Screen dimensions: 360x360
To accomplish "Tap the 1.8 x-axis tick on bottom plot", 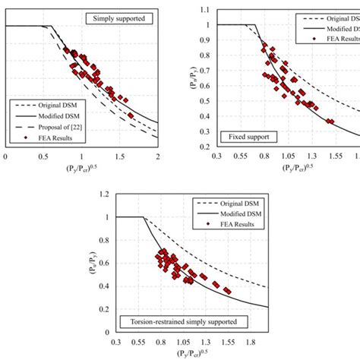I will pyautogui.click(x=258, y=342).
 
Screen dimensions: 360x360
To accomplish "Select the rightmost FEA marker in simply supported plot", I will pyautogui.click(x=131, y=115).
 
